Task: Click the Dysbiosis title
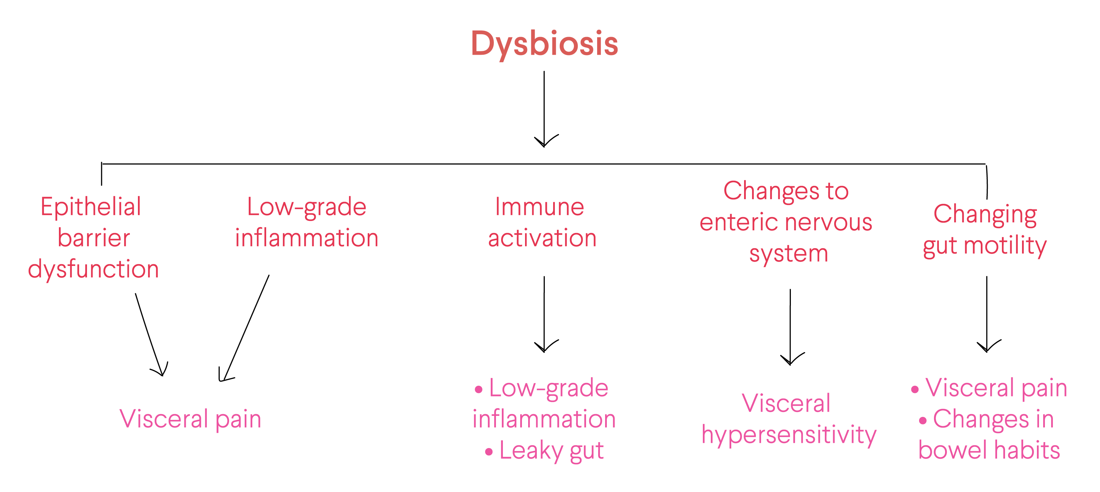(x=544, y=44)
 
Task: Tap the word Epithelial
(x=90, y=207)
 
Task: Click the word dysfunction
(x=94, y=270)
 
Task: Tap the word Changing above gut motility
(x=985, y=215)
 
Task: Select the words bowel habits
(x=989, y=450)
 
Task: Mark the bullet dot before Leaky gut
(x=489, y=452)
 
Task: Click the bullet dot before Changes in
(x=923, y=421)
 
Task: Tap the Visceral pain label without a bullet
(x=191, y=419)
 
